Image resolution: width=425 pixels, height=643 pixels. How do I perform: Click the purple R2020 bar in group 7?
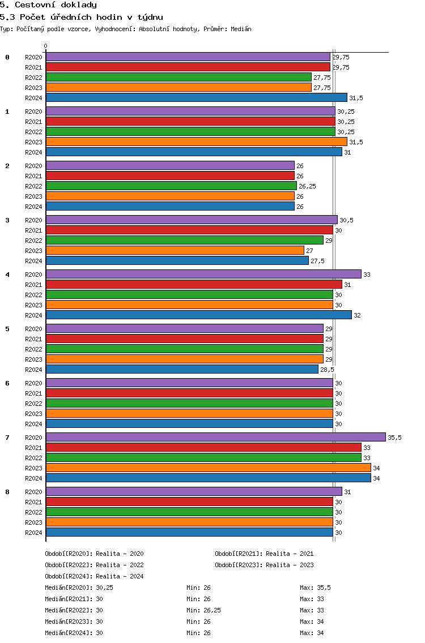click(x=215, y=437)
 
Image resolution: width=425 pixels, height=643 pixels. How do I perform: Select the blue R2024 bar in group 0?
click(x=196, y=97)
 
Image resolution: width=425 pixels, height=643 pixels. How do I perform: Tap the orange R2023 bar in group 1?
click(x=196, y=142)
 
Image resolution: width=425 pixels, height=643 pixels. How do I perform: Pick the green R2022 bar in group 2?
click(x=171, y=186)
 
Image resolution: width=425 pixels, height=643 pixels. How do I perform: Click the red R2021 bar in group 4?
click(x=194, y=284)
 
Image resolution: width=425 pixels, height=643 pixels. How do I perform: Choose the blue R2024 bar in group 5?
click(x=182, y=369)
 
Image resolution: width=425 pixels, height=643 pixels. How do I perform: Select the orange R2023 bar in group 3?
click(x=175, y=250)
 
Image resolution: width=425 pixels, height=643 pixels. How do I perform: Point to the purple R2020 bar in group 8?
click(x=194, y=491)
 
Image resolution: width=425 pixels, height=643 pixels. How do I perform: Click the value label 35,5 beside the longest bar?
click(x=394, y=438)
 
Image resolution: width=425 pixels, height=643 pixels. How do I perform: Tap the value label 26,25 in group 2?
click(x=307, y=186)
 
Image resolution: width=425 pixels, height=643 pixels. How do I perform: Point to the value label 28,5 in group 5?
click(x=327, y=370)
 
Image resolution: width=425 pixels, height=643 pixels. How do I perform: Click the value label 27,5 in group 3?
click(x=318, y=261)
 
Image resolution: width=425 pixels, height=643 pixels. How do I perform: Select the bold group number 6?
click(x=7, y=383)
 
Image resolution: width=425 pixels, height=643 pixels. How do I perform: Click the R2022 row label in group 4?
click(x=33, y=295)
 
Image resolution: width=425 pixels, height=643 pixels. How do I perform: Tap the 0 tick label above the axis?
click(x=46, y=46)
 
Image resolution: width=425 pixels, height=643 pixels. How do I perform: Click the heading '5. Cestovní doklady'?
click(x=48, y=5)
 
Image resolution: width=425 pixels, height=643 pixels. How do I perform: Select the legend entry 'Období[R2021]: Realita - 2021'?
click(x=264, y=554)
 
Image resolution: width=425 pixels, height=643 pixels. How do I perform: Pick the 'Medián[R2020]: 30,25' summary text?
click(x=79, y=588)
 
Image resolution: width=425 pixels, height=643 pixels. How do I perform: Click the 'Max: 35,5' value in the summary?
click(x=315, y=588)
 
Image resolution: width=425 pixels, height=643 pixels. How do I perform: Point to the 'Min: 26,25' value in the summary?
click(x=203, y=610)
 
